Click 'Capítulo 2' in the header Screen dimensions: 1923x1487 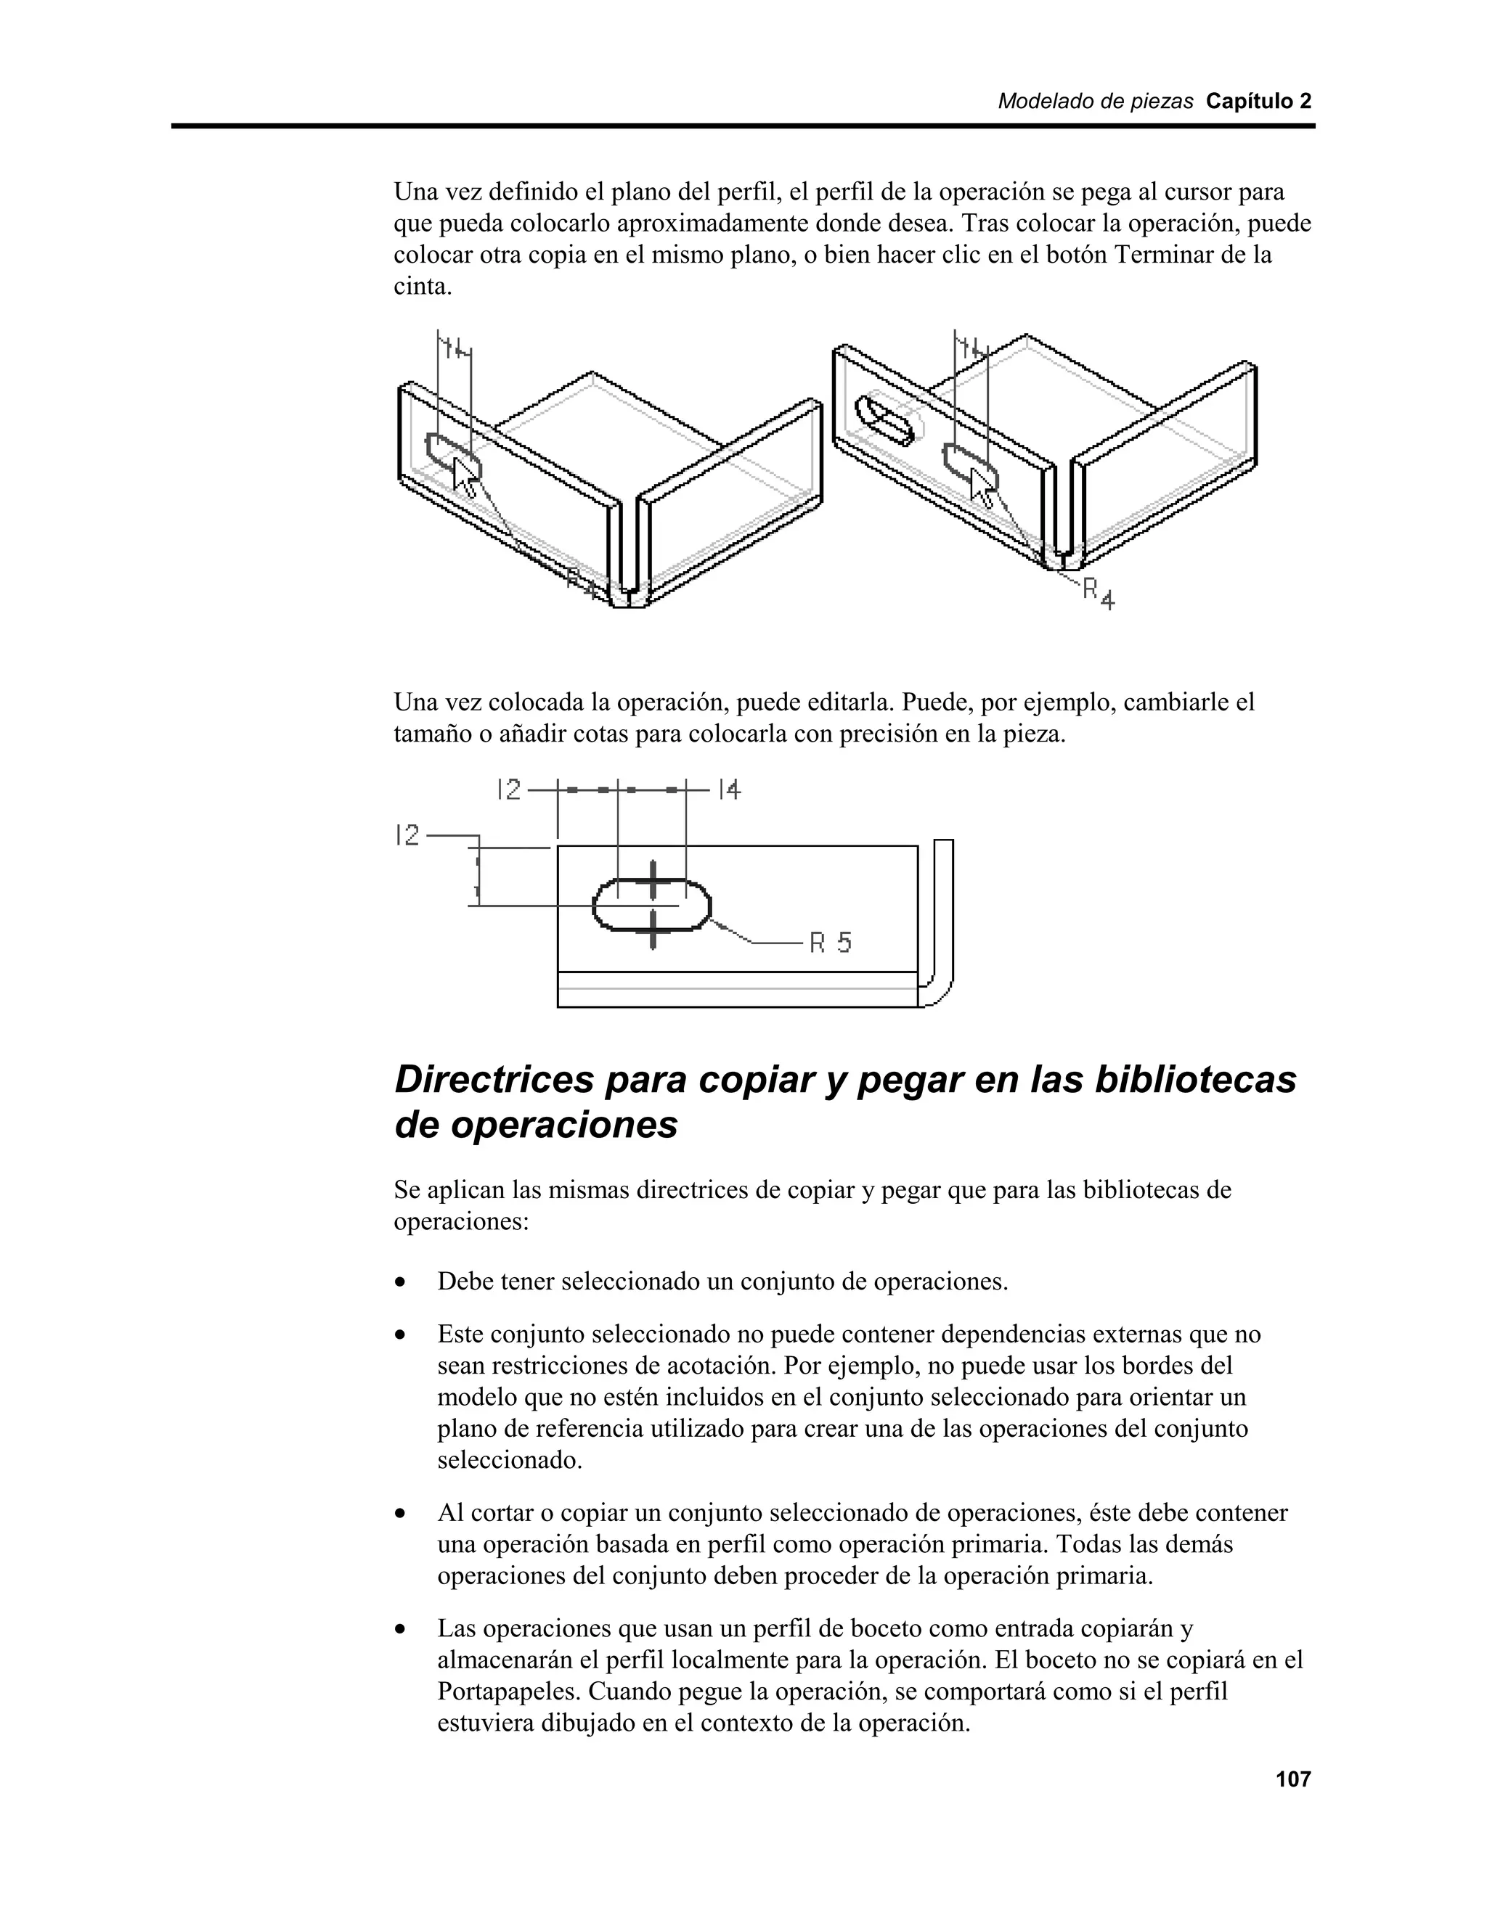tap(1258, 102)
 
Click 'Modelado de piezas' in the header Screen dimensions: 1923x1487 tap(1095, 102)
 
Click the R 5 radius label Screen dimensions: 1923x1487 tap(831, 943)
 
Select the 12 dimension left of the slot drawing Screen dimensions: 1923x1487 tap(408, 834)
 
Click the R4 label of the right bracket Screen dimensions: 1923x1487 tap(1099, 593)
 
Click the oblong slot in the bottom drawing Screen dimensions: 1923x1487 tap(652, 904)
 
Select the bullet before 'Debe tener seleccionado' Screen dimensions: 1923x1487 tap(402, 1283)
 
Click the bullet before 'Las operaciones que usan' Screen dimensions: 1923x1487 tap(402, 1631)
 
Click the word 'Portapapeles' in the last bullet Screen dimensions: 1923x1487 tap(508, 1692)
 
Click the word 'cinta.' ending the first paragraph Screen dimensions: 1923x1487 tap(422, 287)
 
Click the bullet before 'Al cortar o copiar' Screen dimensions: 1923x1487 tap(402, 1514)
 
